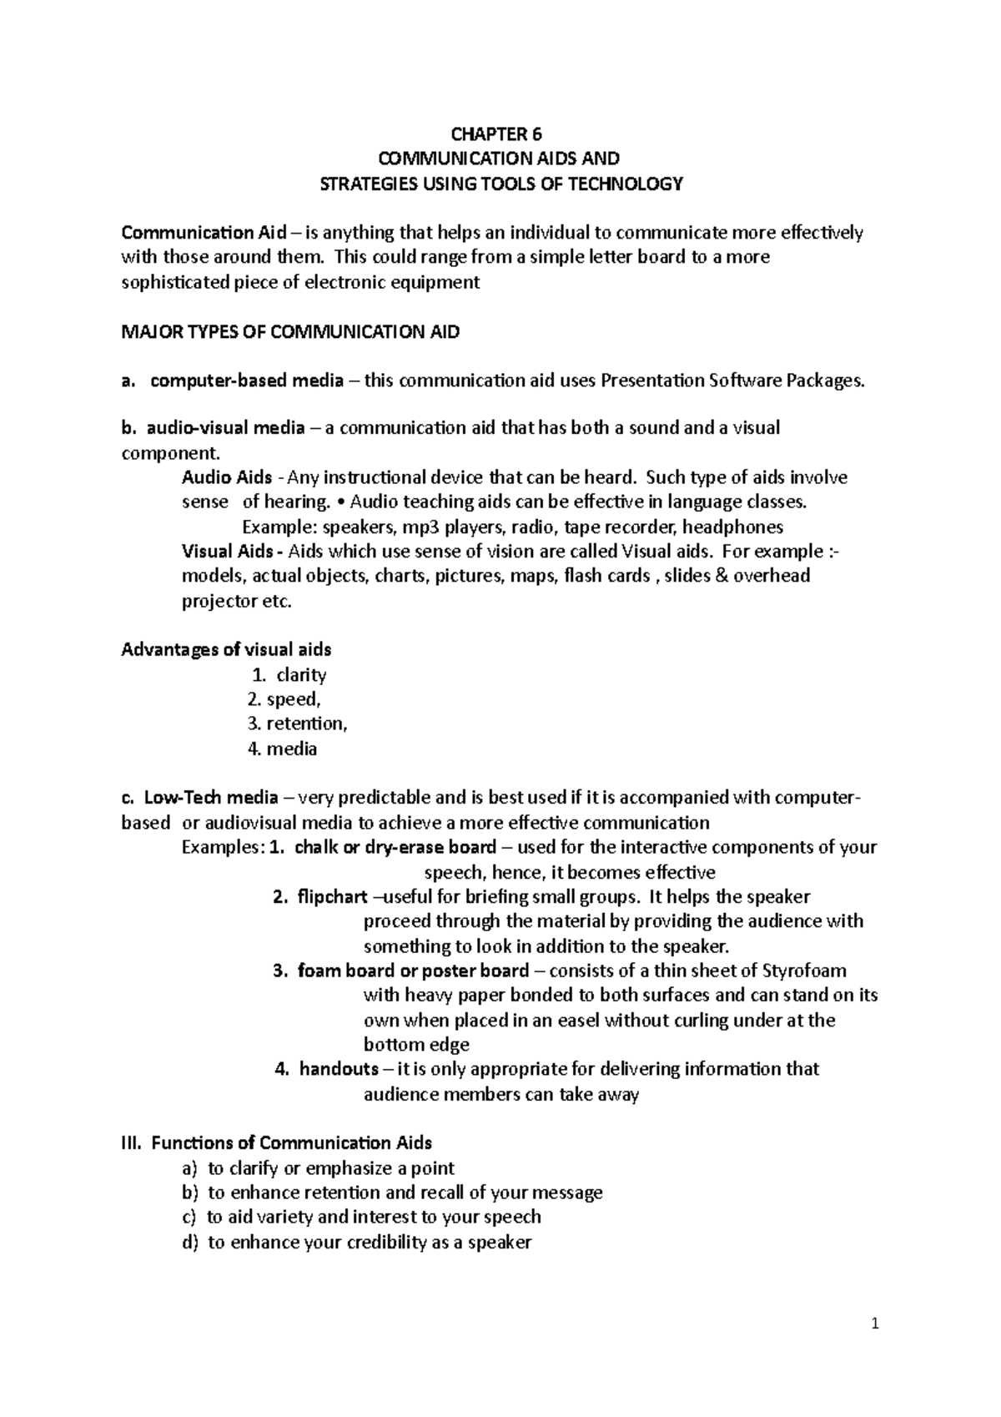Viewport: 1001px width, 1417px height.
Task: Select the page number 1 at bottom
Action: (x=875, y=1324)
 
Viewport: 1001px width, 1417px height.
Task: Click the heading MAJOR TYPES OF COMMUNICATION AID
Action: (x=290, y=332)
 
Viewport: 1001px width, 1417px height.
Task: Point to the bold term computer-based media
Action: (x=246, y=381)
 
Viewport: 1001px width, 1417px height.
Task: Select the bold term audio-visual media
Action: (x=225, y=429)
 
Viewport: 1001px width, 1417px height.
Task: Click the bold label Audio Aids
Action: (x=227, y=478)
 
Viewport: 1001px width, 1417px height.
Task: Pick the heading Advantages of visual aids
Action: (x=226, y=649)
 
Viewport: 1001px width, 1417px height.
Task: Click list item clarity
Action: (x=301, y=675)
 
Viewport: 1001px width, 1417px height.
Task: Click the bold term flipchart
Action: (x=332, y=897)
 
